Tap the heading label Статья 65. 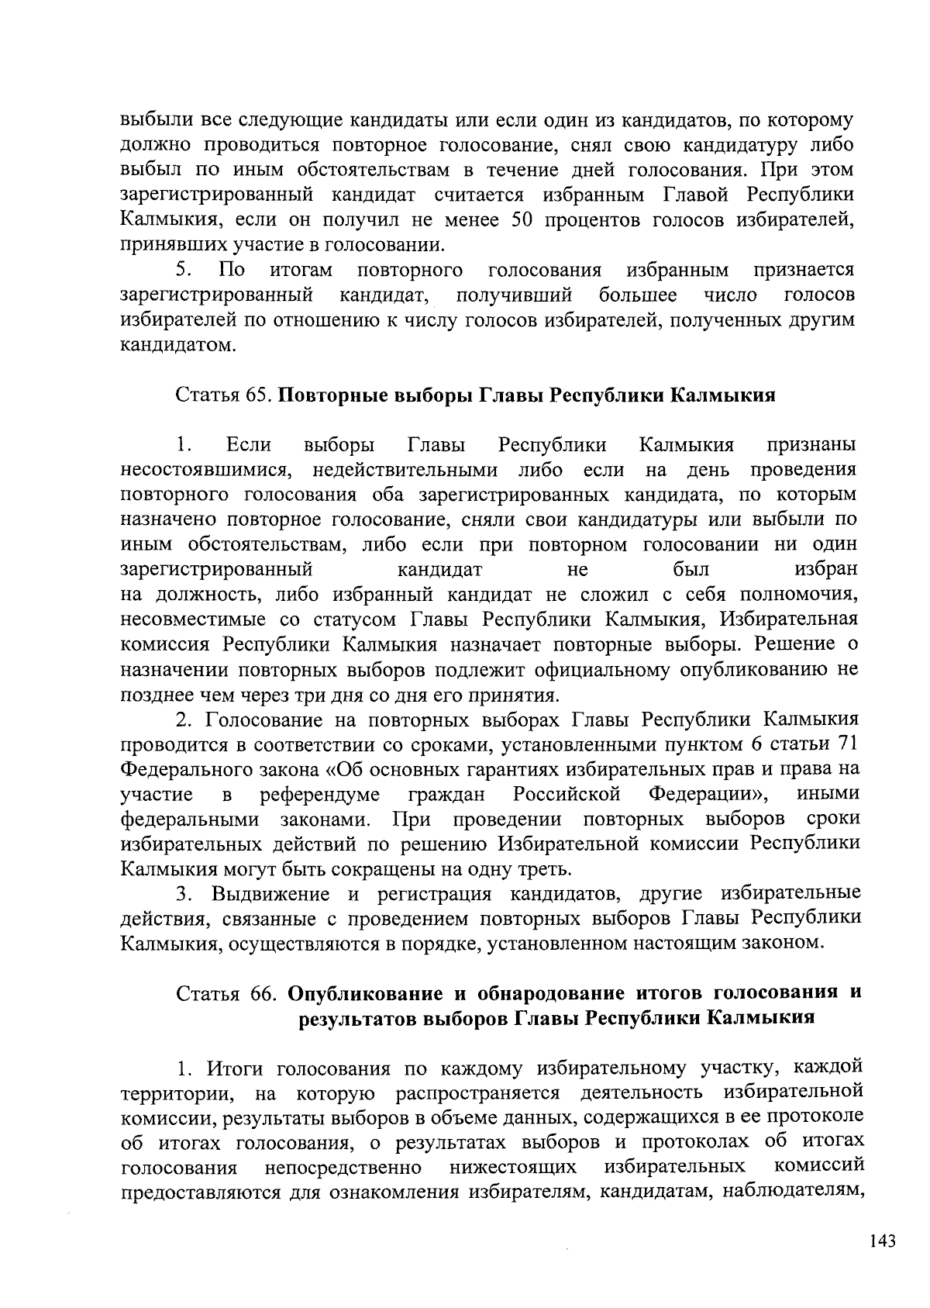pos(222,395)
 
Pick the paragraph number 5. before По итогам pos(184,271)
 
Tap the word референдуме pos(319,794)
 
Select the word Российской pos(567,794)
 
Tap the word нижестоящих pos(512,1167)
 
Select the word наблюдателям pos(794,1192)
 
